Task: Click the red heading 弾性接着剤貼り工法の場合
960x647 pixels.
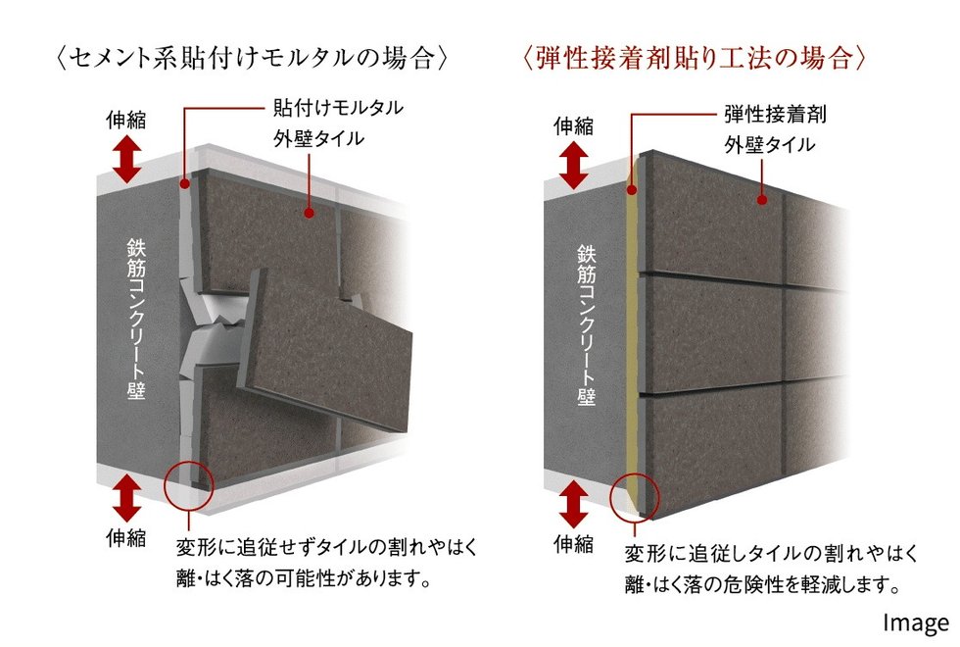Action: coord(695,59)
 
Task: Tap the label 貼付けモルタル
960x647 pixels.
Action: coord(339,109)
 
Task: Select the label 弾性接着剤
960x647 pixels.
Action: coord(775,115)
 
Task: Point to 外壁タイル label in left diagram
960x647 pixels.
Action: coord(319,139)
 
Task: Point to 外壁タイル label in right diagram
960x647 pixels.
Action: coord(770,145)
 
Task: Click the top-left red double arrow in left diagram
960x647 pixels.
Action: coord(126,159)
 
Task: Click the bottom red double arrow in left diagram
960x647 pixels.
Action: coord(126,498)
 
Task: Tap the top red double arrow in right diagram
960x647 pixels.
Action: coord(574,166)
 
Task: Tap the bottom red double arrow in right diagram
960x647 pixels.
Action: coord(574,504)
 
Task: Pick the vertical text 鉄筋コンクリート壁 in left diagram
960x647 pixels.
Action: coord(136,319)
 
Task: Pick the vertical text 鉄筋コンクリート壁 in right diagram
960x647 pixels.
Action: coord(586,324)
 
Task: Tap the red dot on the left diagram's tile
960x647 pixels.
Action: coord(310,214)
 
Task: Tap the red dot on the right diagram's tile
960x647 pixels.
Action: coord(762,200)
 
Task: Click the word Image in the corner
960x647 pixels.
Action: coord(916,622)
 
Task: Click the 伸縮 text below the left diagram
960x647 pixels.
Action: coord(126,538)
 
